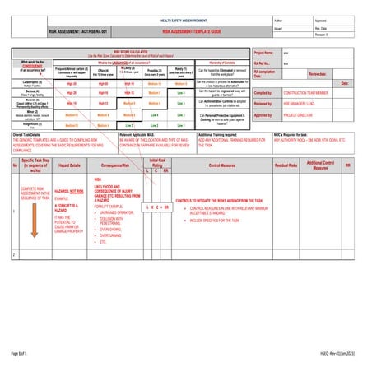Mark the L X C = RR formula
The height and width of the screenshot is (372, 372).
(x=156, y=207)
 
